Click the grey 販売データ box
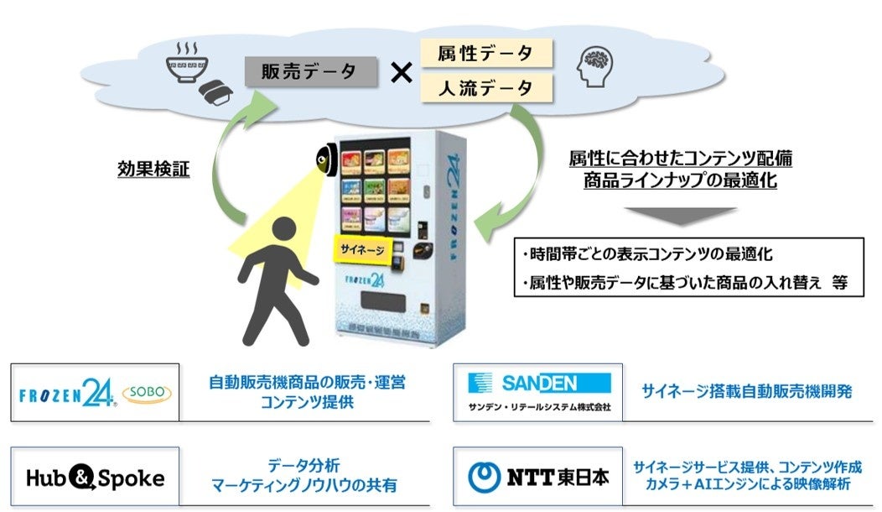[x=308, y=72]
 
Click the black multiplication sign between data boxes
[x=402, y=72]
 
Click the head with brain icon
[x=596, y=66]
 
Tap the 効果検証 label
[x=153, y=170]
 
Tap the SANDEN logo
[x=539, y=384]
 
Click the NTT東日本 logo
[x=537, y=477]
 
